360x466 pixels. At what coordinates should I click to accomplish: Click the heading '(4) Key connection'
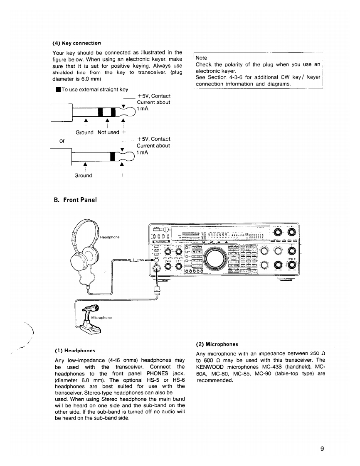coord(76,43)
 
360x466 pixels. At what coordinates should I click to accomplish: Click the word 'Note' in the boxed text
coord(201,58)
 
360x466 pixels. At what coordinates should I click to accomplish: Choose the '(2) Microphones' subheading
coord(217,344)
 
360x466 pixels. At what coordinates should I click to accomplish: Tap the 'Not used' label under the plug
coord(108,132)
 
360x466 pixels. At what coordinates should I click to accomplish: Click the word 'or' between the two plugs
coord(62,141)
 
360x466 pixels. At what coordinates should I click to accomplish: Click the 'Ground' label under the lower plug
coord(83,176)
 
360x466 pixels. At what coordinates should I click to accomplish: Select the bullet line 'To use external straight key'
coord(90,89)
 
